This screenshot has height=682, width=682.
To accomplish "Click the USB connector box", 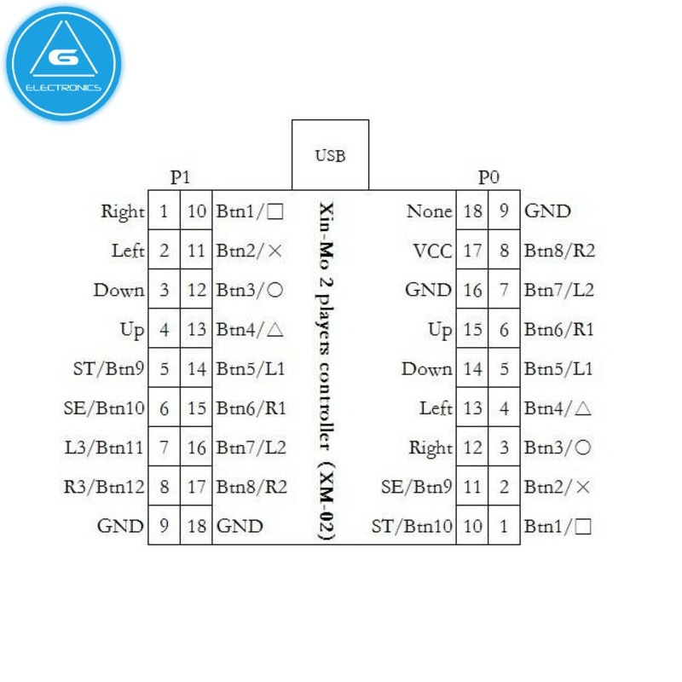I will tap(330, 155).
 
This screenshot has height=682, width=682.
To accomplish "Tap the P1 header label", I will tap(180, 177).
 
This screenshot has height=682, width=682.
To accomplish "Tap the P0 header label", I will tap(488, 177).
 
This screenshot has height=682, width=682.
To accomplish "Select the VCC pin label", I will tap(432, 251).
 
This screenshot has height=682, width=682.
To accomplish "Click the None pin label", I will tap(429, 211).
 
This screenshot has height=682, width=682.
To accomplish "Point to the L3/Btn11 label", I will tap(104, 448).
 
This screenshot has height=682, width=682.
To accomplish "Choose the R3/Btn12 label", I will tap(104, 487).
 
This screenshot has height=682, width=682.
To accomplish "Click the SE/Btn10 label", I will tap(104, 408).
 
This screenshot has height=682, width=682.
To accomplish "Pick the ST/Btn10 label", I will tap(412, 526).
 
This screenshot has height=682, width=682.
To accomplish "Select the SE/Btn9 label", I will tap(416, 487).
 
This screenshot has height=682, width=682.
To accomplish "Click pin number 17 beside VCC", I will tap(472, 251).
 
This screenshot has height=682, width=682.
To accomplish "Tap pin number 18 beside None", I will tap(472, 211).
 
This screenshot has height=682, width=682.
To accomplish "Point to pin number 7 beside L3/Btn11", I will tap(164, 448).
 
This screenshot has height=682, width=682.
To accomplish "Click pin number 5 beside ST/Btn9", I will tap(164, 369).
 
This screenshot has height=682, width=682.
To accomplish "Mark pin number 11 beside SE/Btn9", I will tap(472, 487).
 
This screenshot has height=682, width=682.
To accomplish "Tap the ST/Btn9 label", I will tap(109, 369).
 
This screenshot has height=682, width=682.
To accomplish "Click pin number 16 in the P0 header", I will tap(472, 290).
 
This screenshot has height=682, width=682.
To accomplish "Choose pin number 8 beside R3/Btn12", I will tap(164, 487).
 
